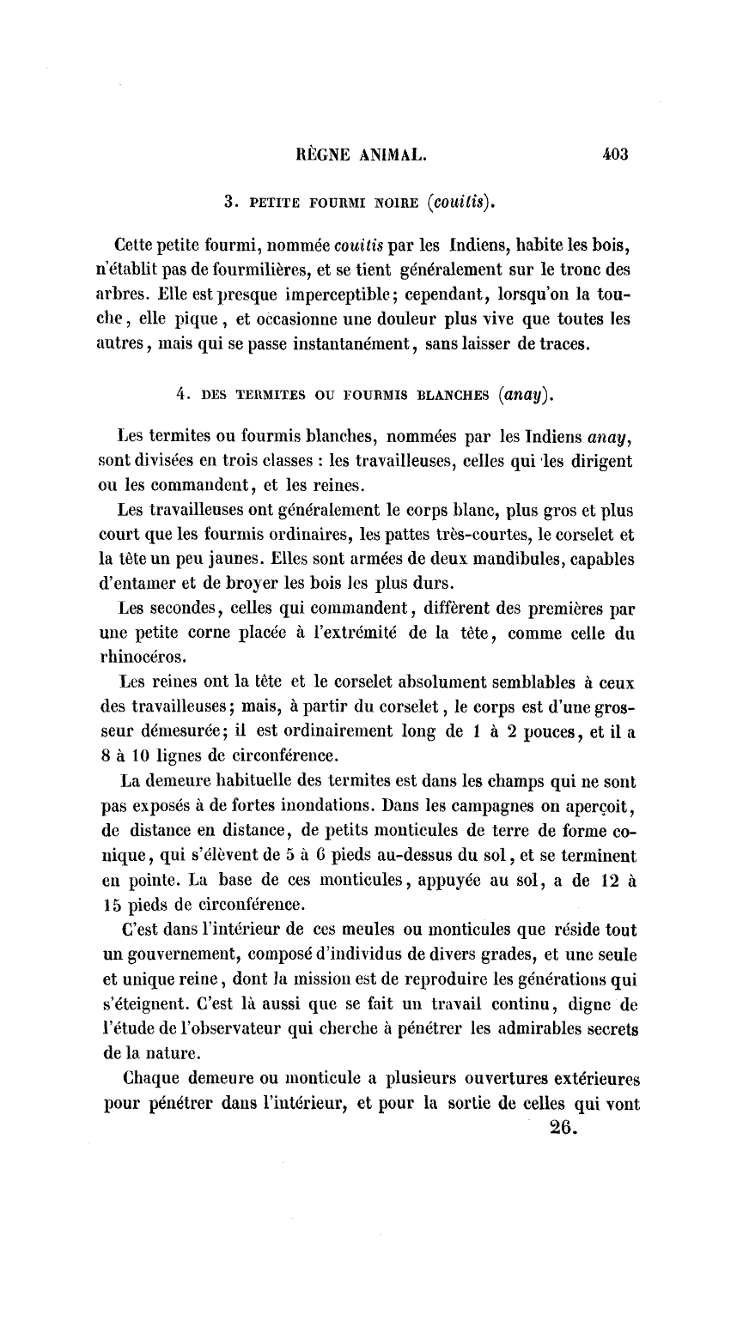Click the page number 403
point(616,155)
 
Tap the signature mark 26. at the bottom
point(562,1130)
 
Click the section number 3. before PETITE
point(229,203)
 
